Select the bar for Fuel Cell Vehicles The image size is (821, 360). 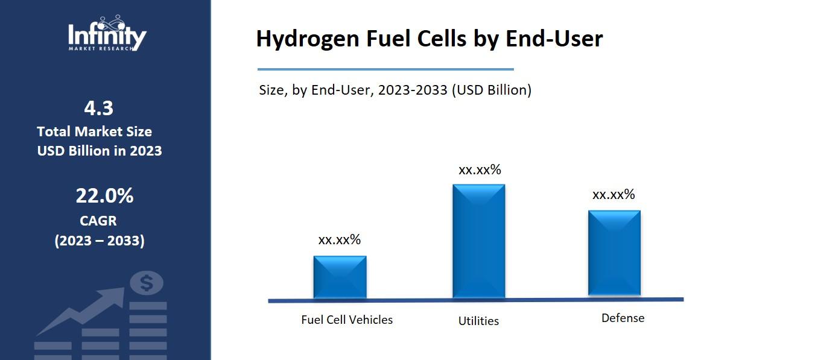point(340,277)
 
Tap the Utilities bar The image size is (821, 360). point(478,241)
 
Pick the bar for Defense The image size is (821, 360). point(614,253)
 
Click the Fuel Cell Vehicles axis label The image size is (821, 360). point(346,320)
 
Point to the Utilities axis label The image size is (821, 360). point(478,321)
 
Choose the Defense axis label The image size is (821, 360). point(623,318)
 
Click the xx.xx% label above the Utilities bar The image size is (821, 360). point(480,170)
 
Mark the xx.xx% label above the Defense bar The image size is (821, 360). point(613,195)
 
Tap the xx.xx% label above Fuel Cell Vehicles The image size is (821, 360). point(339,240)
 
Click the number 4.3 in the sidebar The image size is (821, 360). point(99,109)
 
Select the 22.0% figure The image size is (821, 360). point(104,196)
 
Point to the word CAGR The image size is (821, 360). point(98,221)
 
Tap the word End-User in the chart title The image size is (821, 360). point(553,39)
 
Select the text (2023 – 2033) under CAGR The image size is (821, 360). point(100,241)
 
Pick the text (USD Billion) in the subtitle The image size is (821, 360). point(491,90)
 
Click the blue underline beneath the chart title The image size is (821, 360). point(385,69)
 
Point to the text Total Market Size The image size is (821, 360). point(94,131)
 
